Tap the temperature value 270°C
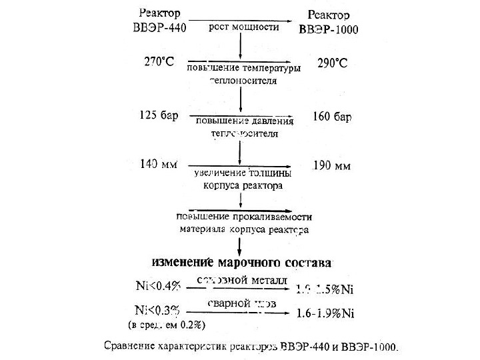(159, 63)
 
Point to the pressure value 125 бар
(159, 115)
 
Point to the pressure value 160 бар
(331, 117)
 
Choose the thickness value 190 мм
(331, 166)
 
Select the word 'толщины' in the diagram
(271, 173)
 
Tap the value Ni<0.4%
(159, 287)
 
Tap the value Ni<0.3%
(158, 311)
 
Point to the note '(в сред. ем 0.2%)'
(165, 325)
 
